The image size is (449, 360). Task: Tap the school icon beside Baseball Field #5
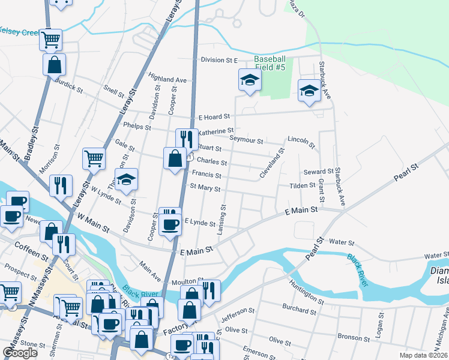(x=250, y=80)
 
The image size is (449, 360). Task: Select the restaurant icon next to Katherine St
(x=187, y=139)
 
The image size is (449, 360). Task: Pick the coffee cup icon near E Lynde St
(x=172, y=224)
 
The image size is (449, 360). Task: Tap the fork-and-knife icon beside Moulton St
(x=208, y=290)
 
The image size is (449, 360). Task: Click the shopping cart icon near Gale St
(x=94, y=159)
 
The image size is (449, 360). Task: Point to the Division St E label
(x=220, y=60)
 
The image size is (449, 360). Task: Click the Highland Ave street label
(x=168, y=79)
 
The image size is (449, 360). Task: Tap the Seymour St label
(x=247, y=140)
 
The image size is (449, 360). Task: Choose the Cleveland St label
(x=271, y=163)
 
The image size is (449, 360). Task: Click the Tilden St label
(x=303, y=186)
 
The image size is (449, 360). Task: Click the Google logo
(x=20, y=353)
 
